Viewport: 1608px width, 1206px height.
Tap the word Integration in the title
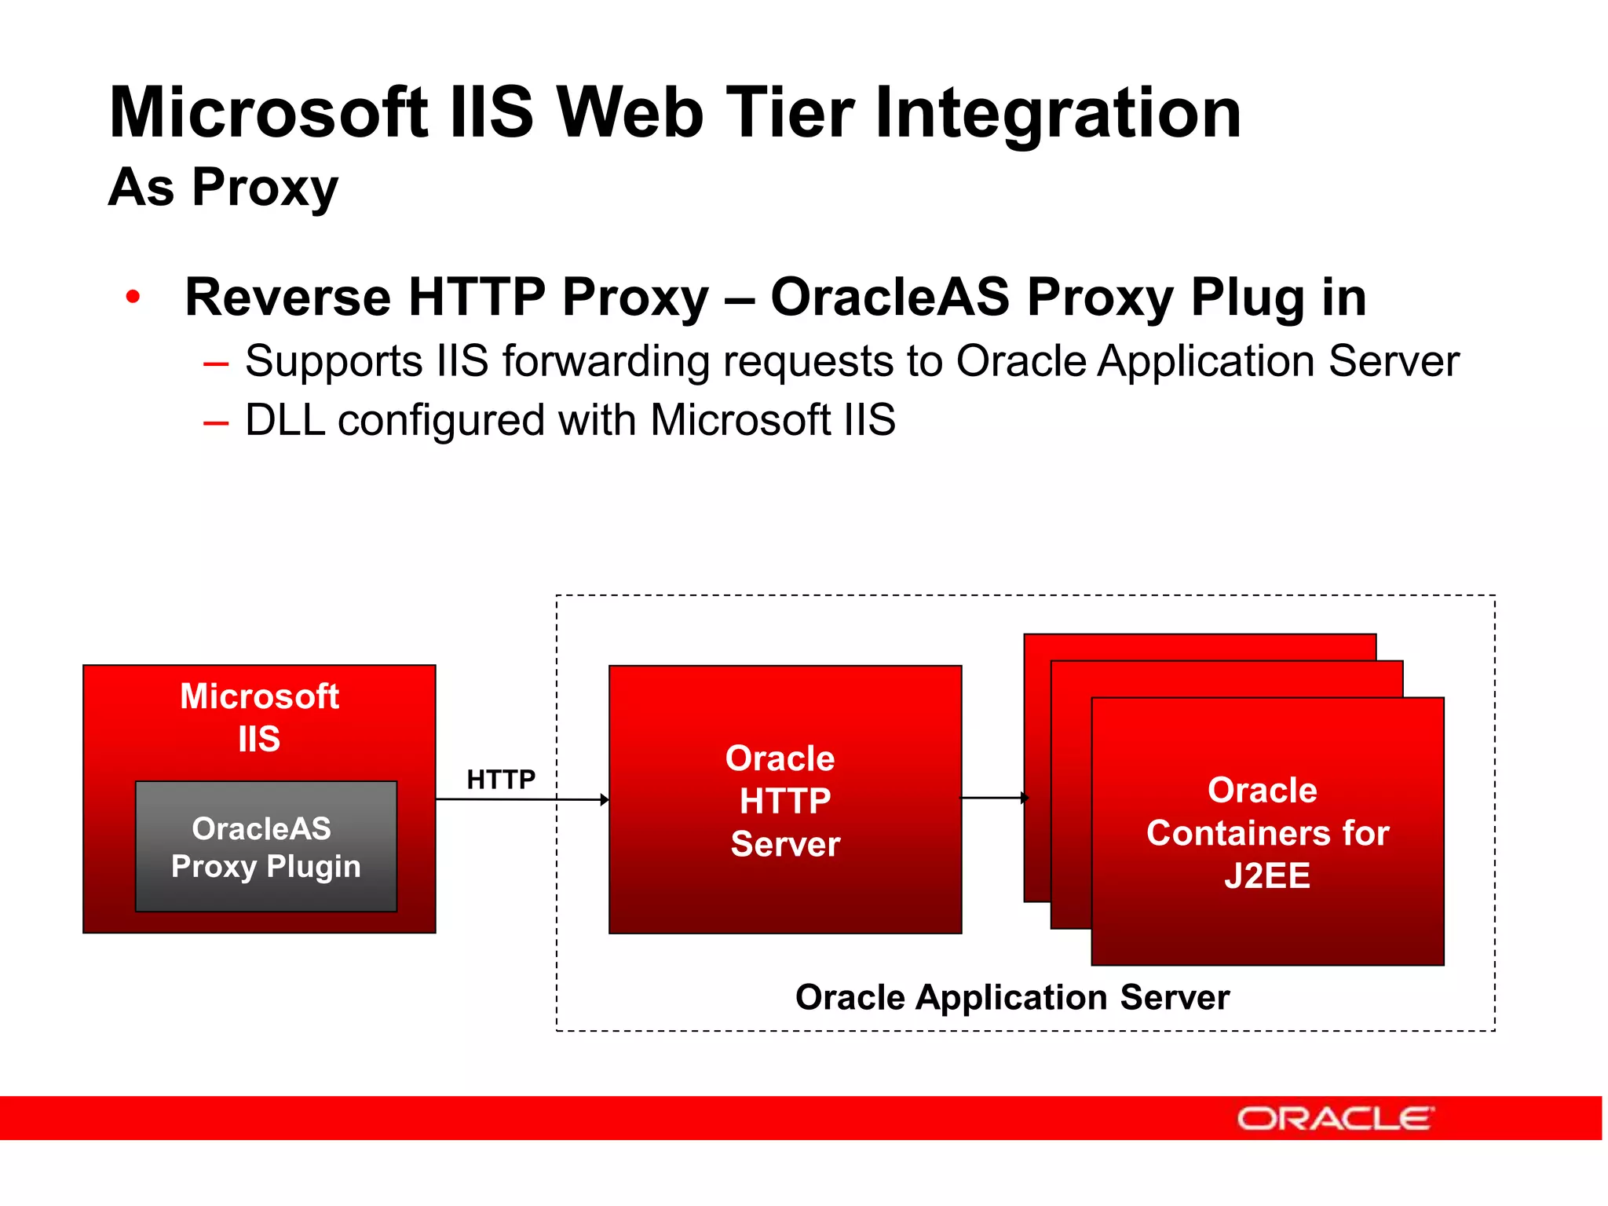pyautogui.click(x=1058, y=114)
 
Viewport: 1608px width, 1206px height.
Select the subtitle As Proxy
pyautogui.click(x=223, y=188)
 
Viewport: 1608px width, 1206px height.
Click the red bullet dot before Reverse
pyautogui.click(x=133, y=297)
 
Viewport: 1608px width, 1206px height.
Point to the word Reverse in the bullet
pyautogui.click(x=287, y=297)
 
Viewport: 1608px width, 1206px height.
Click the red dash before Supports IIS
pyautogui.click(x=215, y=363)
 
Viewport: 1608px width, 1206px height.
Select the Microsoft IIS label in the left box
pyautogui.click(x=259, y=717)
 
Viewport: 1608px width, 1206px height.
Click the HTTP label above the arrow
pyautogui.click(x=501, y=780)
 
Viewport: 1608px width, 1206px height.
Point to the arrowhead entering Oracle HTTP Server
pyautogui.click(x=605, y=799)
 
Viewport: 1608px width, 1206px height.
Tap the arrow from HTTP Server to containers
pyautogui.click(x=993, y=798)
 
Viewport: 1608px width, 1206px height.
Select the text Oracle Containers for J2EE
pyautogui.click(x=1267, y=832)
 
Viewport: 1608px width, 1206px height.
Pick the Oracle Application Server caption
pyautogui.click(x=1012, y=997)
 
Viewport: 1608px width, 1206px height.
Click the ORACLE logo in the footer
pyautogui.click(x=1335, y=1118)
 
